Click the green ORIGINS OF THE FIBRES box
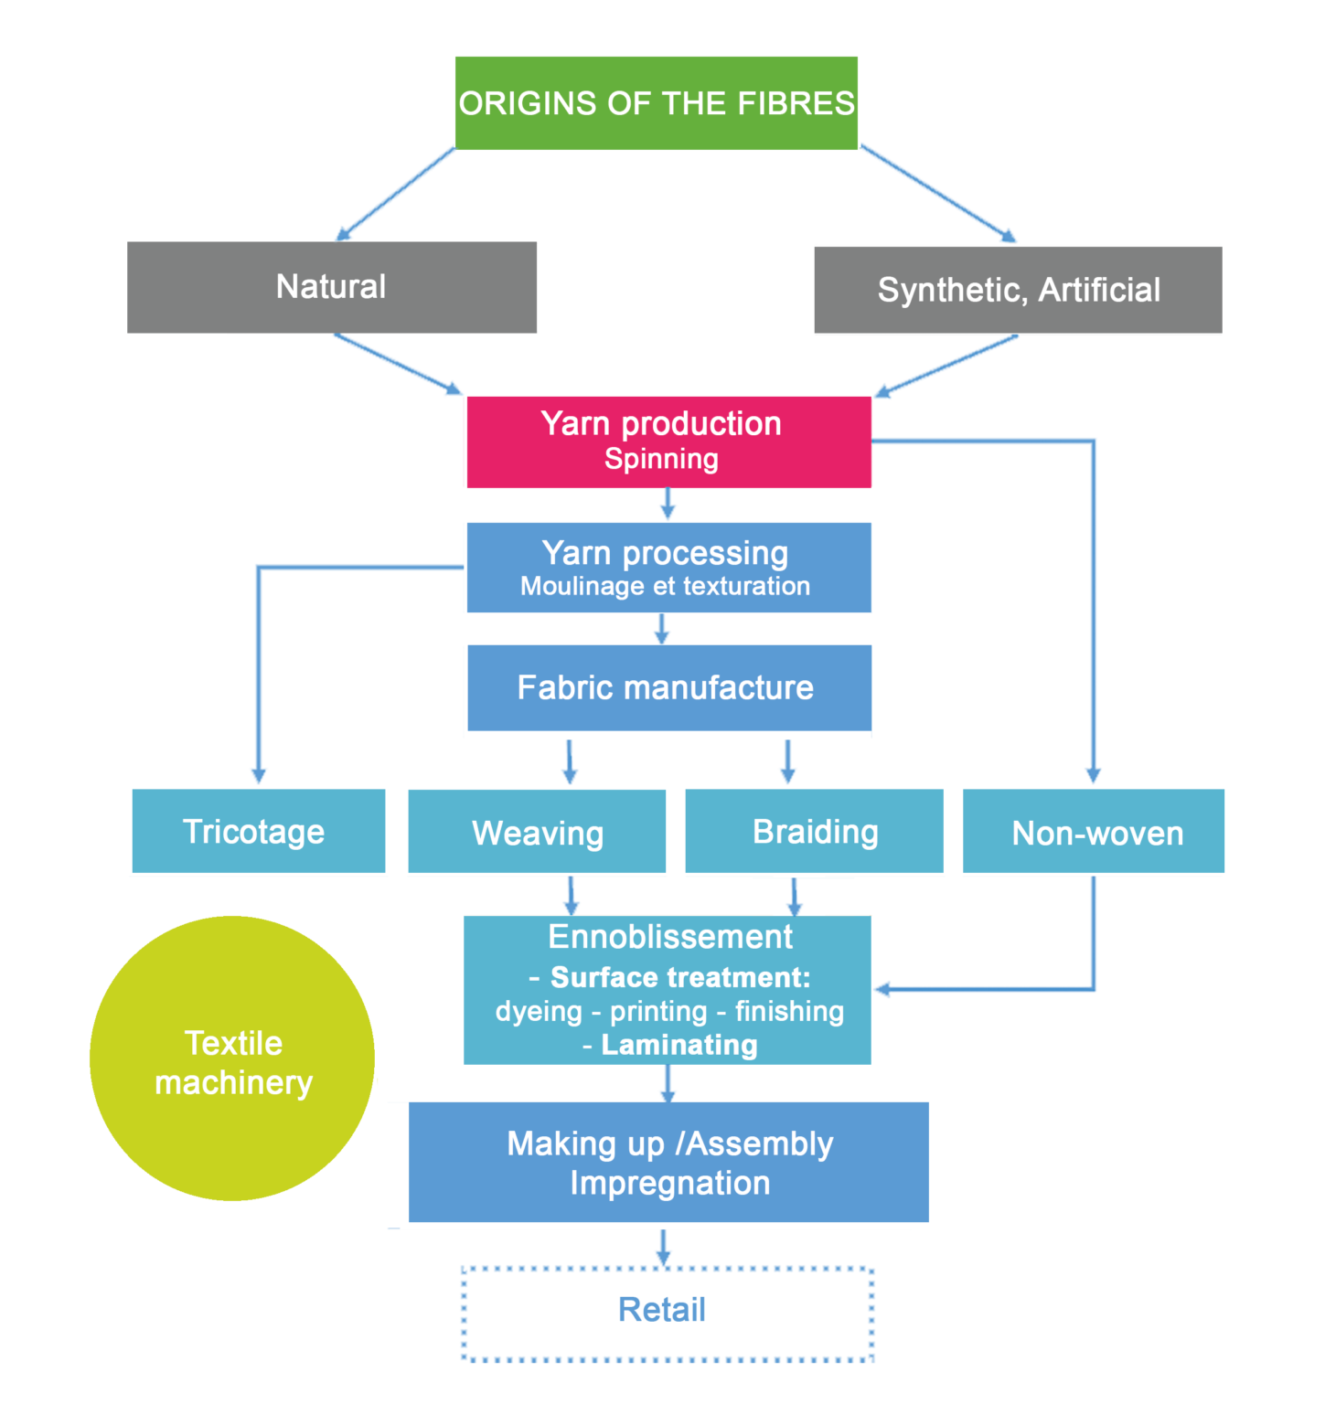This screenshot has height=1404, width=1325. tap(656, 103)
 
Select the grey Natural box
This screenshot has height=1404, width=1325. tap(331, 287)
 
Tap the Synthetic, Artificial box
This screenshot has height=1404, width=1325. tap(1018, 290)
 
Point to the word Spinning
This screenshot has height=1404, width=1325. tap(661, 459)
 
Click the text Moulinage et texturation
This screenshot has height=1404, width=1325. tap(665, 586)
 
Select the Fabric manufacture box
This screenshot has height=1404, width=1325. tap(668, 687)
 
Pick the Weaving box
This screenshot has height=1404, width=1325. tap(537, 833)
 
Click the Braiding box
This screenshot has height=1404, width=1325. tap(815, 832)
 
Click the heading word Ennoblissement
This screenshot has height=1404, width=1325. tap(670, 937)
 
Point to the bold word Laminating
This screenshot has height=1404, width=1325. tap(679, 1045)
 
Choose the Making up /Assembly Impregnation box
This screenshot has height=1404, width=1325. tap(668, 1163)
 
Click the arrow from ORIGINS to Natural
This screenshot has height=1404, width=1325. tap(395, 194)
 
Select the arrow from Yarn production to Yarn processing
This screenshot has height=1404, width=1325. tap(668, 504)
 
